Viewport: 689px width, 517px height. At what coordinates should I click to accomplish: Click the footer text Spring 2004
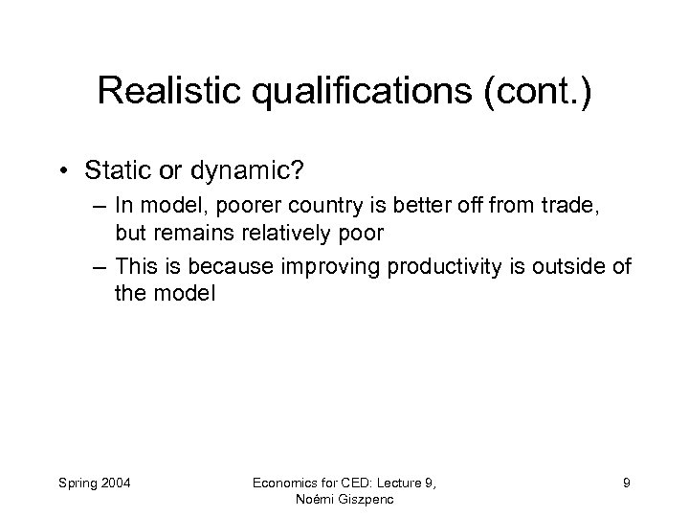[x=99, y=483]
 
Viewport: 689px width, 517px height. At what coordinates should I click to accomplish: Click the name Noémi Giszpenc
[x=344, y=500]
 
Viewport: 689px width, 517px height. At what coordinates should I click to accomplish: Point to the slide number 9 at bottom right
[x=626, y=483]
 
